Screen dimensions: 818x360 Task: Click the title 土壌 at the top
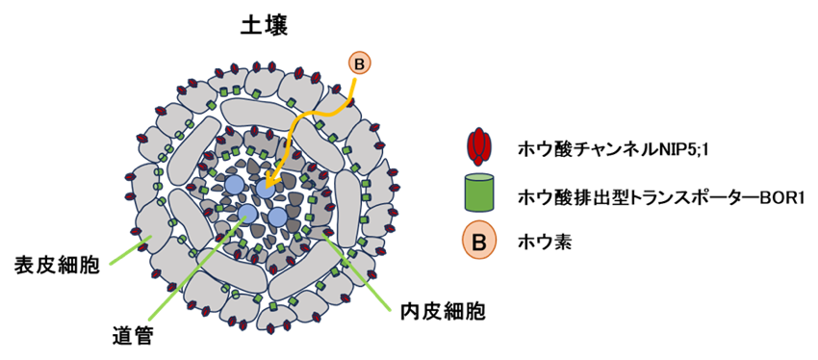pyautogui.click(x=265, y=26)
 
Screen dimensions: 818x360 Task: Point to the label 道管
pyautogui.click(x=134, y=334)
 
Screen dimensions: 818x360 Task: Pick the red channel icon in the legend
pyautogui.click(x=477, y=146)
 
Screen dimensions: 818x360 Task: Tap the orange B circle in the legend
pyautogui.click(x=479, y=244)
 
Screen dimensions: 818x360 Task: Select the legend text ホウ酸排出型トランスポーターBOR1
pyautogui.click(x=659, y=197)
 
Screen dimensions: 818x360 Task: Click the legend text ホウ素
pyautogui.click(x=544, y=244)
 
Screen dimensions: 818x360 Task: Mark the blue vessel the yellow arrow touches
pyautogui.click(x=266, y=189)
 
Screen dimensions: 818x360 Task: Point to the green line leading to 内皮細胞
pyautogui.click(x=358, y=272)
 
